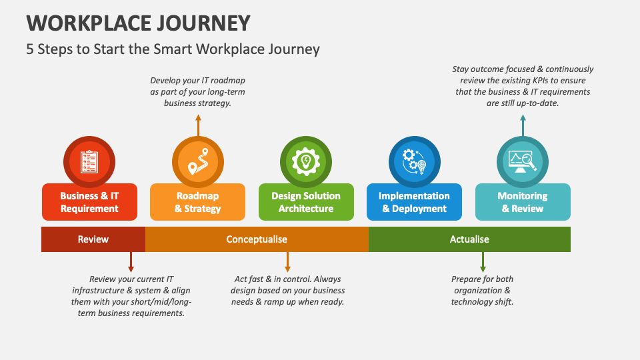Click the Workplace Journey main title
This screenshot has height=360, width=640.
pos(139,22)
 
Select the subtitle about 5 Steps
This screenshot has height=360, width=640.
pos(173,49)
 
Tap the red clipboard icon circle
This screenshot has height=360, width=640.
pos(89,161)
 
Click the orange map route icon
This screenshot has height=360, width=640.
pos(197,161)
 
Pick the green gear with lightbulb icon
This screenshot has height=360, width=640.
pos(306,161)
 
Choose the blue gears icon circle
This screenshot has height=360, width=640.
pos(414,161)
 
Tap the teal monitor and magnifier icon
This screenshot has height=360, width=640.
pos(523,161)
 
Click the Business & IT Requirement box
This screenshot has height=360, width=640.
pos(89,203)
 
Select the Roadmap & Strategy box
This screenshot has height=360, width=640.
pos(197,203)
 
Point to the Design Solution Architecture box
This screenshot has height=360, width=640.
pos(306,203)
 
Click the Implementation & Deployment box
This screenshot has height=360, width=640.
pos(414,203)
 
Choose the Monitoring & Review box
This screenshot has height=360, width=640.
pos(523,203)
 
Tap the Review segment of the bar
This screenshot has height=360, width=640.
pos(93,239)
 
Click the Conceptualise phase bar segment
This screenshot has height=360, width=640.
pos(257,239)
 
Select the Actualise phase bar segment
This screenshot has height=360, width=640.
pos(469,239)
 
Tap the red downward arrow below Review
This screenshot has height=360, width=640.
pos(131,261)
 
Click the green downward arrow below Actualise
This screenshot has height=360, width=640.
pos(483,261)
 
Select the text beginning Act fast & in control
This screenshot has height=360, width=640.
pos(288,291)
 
